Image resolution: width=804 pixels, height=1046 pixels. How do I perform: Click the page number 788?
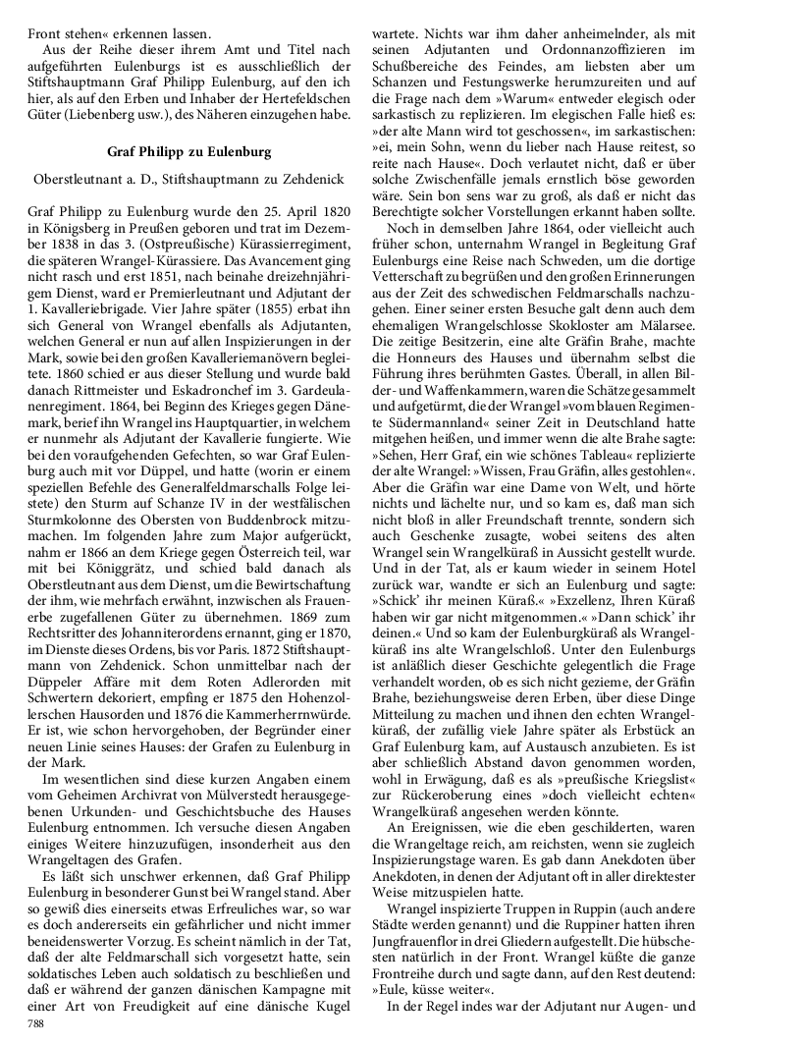36,1023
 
